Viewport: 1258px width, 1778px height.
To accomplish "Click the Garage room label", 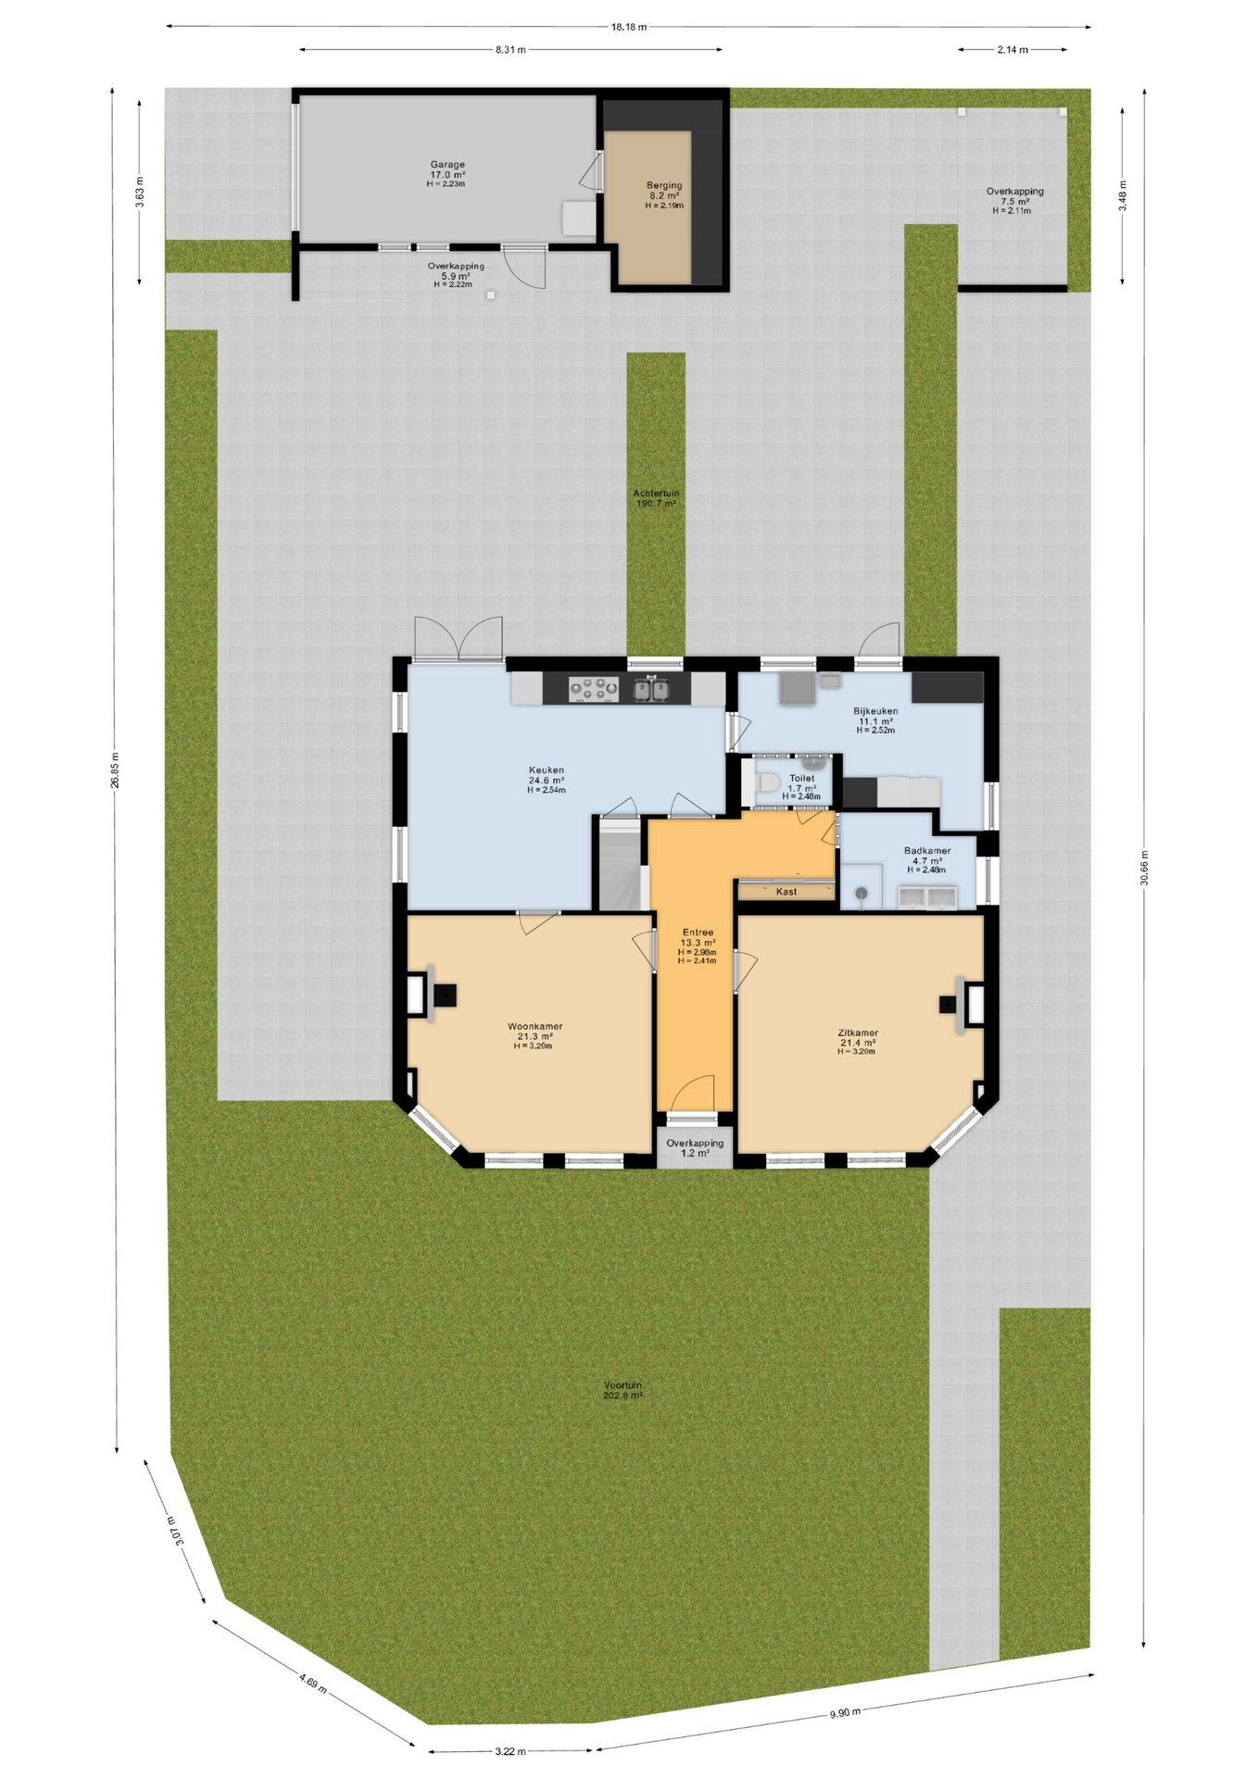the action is pos(447,165).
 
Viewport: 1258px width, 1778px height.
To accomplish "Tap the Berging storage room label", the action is pos(664,185).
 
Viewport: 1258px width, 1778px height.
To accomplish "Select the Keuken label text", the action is pos(547,770).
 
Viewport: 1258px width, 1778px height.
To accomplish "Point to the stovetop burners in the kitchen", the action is pos(594,689).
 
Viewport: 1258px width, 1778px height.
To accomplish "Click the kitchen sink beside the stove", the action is pos(651,689).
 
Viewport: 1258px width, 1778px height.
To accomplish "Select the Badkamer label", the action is pos(927,850).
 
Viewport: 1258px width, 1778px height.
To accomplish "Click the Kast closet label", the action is pos(786,892).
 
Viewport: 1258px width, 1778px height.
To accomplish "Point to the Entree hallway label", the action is pos(698,933).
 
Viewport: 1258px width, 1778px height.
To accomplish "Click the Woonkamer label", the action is pos(535,1026).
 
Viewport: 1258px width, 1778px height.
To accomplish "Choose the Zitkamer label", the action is pos(858,1033).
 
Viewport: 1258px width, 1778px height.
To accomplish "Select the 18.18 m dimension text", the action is pos(629,27).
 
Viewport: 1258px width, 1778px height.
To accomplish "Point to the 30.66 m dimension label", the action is pos(1145,868).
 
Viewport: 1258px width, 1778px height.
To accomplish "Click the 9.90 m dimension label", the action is pos(845,1713).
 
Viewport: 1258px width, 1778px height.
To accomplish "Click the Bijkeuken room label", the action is pos(875,711).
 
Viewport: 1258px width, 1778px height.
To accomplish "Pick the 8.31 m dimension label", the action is pos(510,50).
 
